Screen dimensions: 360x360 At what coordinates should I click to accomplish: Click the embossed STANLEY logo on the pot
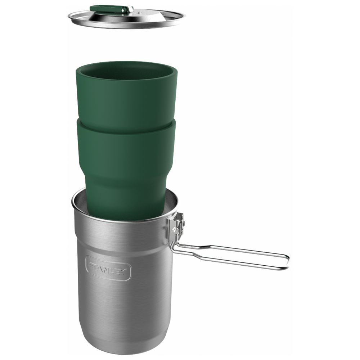click(108, 268)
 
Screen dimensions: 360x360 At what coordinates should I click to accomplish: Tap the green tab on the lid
click(108, 9)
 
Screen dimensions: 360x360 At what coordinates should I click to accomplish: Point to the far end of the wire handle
click(288, 262)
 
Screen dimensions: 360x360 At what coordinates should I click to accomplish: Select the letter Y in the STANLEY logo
click(123, 272)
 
